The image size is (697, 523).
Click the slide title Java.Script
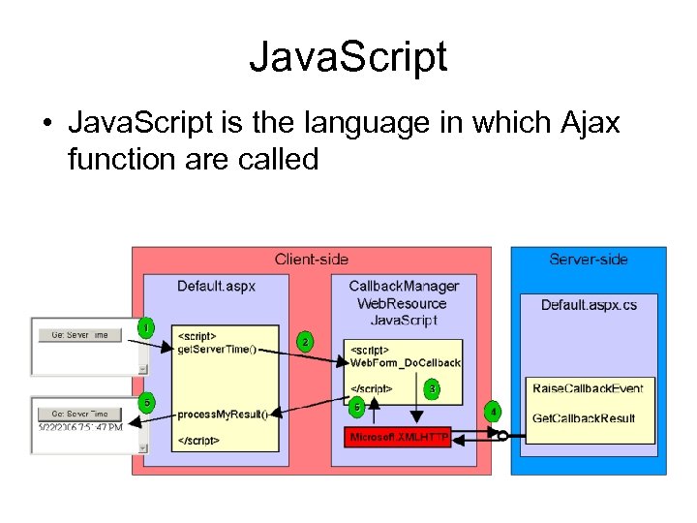click(348, 56)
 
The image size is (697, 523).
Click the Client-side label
click(312, 259)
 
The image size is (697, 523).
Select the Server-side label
click(588, 259)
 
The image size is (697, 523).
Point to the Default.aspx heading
click(216, 286)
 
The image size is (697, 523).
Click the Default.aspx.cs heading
click(589, 304)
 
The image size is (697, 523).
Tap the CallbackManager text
click(404, 286)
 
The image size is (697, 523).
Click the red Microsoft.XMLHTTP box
click(399, 438)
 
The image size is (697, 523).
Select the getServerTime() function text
click(218, 349)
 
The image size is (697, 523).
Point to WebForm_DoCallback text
click(406, 363)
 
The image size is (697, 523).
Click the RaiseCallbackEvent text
click(588, 388)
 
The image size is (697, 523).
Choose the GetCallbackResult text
click(584, 417)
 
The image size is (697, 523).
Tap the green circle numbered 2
click(306, 342)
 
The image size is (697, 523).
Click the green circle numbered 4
click(494, 410)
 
